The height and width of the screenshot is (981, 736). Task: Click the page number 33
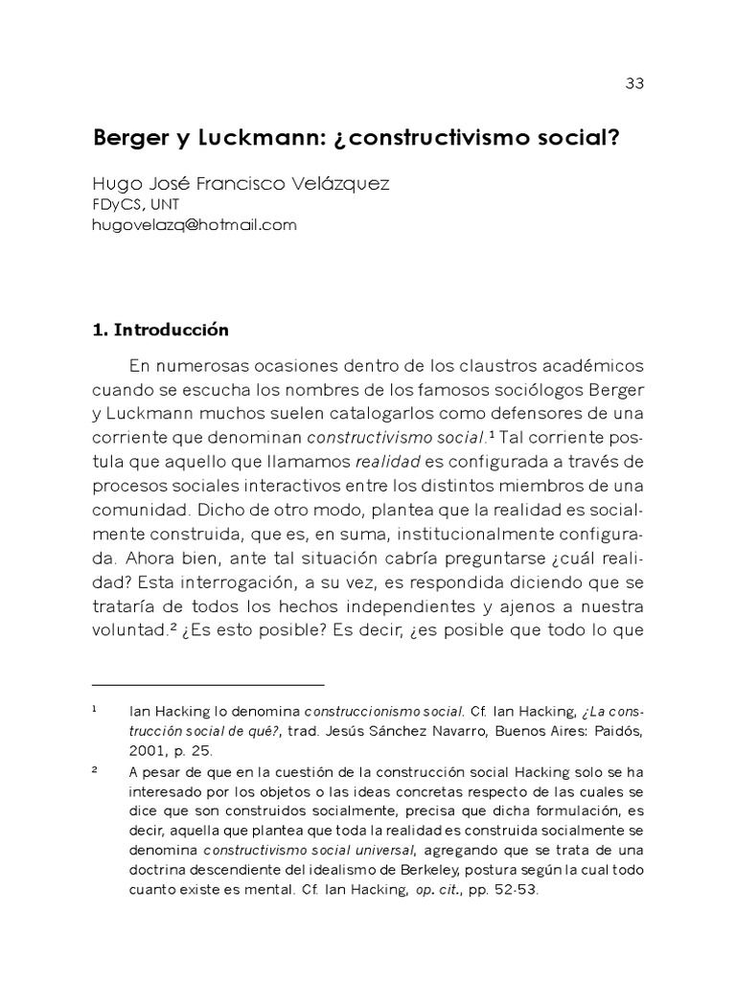[x=633, y=83]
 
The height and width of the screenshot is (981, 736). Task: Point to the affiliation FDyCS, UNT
[x=135, y=205]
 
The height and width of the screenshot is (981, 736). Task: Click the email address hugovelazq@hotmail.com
[x=195, y=225]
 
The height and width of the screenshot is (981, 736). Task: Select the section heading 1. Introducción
[x=160, y=331]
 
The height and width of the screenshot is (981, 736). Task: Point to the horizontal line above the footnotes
[x=208, y=685]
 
